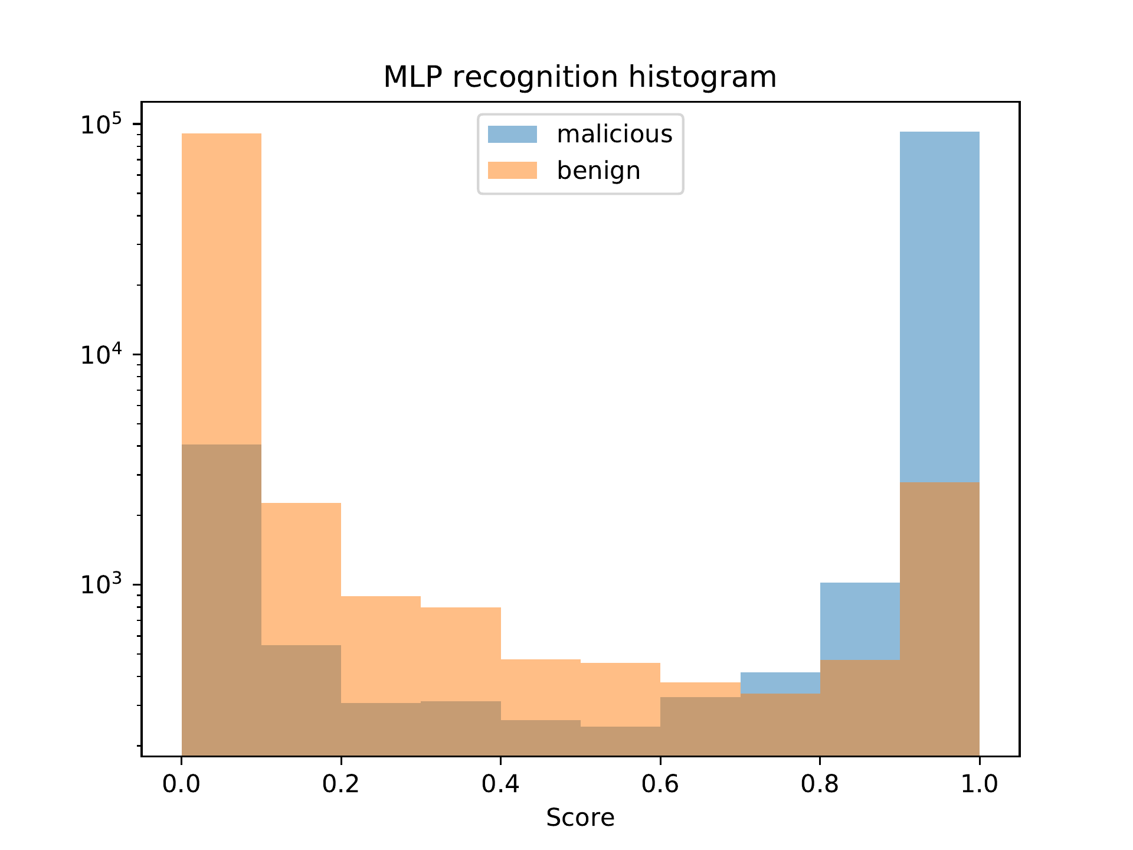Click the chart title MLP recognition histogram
(579, 77)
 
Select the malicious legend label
(614, 135)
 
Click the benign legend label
(598, 171)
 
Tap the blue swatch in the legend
(512, 135)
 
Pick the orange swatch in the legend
(512, 171)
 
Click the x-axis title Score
(580, 818)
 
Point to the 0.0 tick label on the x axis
(181, 784)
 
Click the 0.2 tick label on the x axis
(341, 784)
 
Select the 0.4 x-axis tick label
(500, 784)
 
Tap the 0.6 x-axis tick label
(660, 784)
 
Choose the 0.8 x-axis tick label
(820, 784)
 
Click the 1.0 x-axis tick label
(980, 784)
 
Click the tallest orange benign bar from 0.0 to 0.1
(221, 283)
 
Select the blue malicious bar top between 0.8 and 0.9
(860, 620)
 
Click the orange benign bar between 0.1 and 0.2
(301, 573)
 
